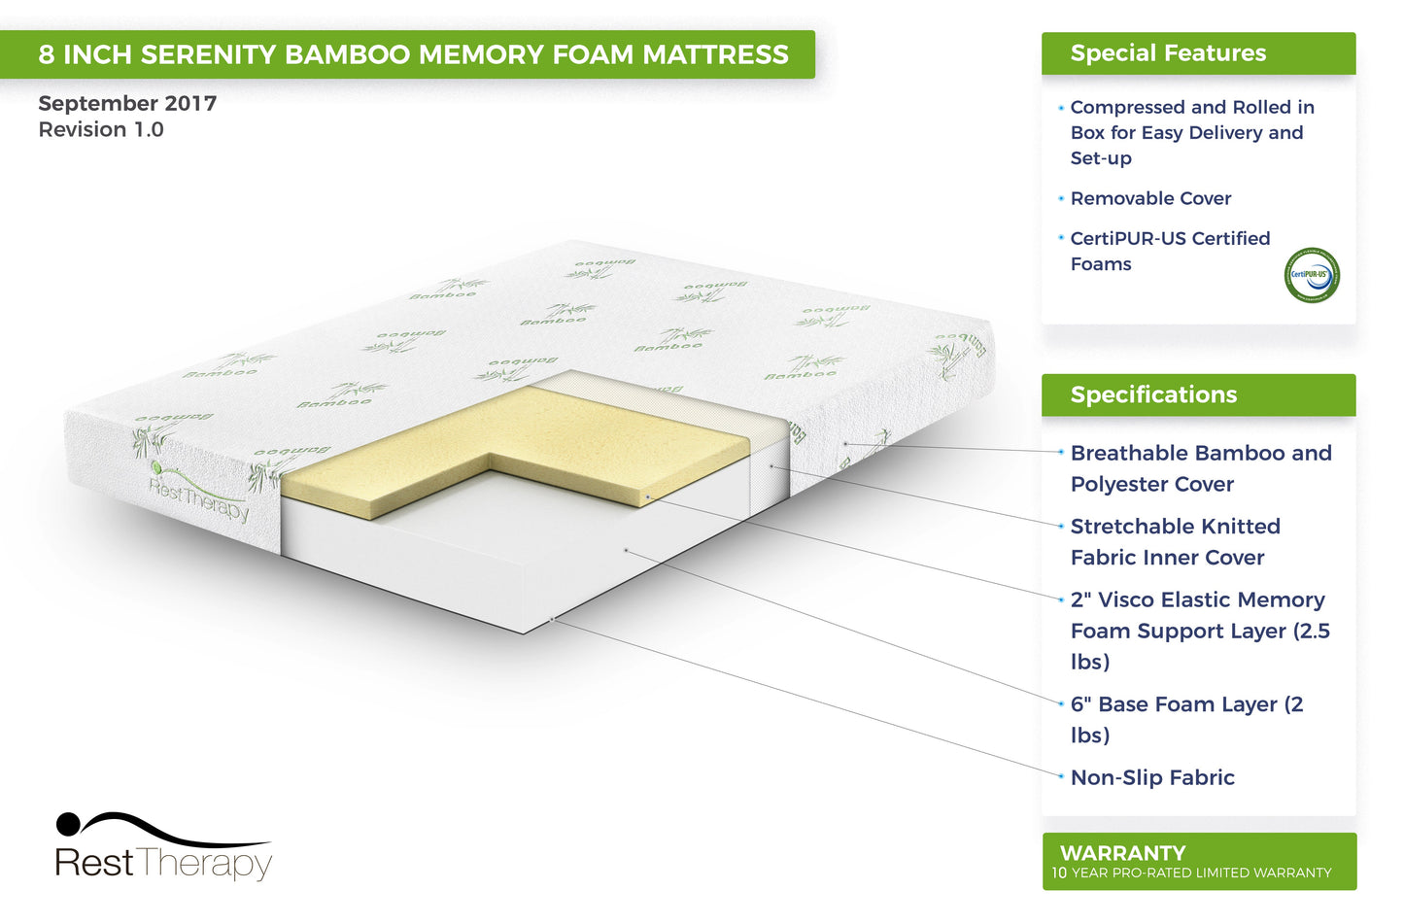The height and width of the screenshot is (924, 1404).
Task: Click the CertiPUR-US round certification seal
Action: click(1312, 275)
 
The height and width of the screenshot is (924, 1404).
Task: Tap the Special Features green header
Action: click(1168, 53)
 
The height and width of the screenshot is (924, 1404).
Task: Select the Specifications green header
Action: click(1153, 394)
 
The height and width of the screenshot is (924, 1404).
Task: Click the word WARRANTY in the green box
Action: click(1122, 853)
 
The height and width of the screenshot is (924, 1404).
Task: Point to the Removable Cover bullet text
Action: click(1150, 198)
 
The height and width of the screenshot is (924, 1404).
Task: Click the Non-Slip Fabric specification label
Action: click(1152, 777)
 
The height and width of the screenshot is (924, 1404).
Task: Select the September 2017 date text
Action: click(127, 103)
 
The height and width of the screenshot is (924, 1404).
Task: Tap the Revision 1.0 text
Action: click(101, 129)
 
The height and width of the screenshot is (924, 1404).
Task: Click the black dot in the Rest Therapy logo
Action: click(68, 824)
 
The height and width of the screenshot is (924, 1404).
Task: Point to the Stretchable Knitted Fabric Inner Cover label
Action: click(1175, 541)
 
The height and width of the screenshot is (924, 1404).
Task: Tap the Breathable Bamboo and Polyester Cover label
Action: click(1200, 468)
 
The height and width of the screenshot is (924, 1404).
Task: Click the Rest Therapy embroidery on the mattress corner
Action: click(199, 496)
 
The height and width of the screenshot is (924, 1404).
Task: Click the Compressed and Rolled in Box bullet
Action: click(1191, 132)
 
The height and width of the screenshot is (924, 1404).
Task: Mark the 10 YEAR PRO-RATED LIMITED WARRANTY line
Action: click(1191, 873)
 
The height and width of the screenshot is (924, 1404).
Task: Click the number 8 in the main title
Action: click(46, 54)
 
